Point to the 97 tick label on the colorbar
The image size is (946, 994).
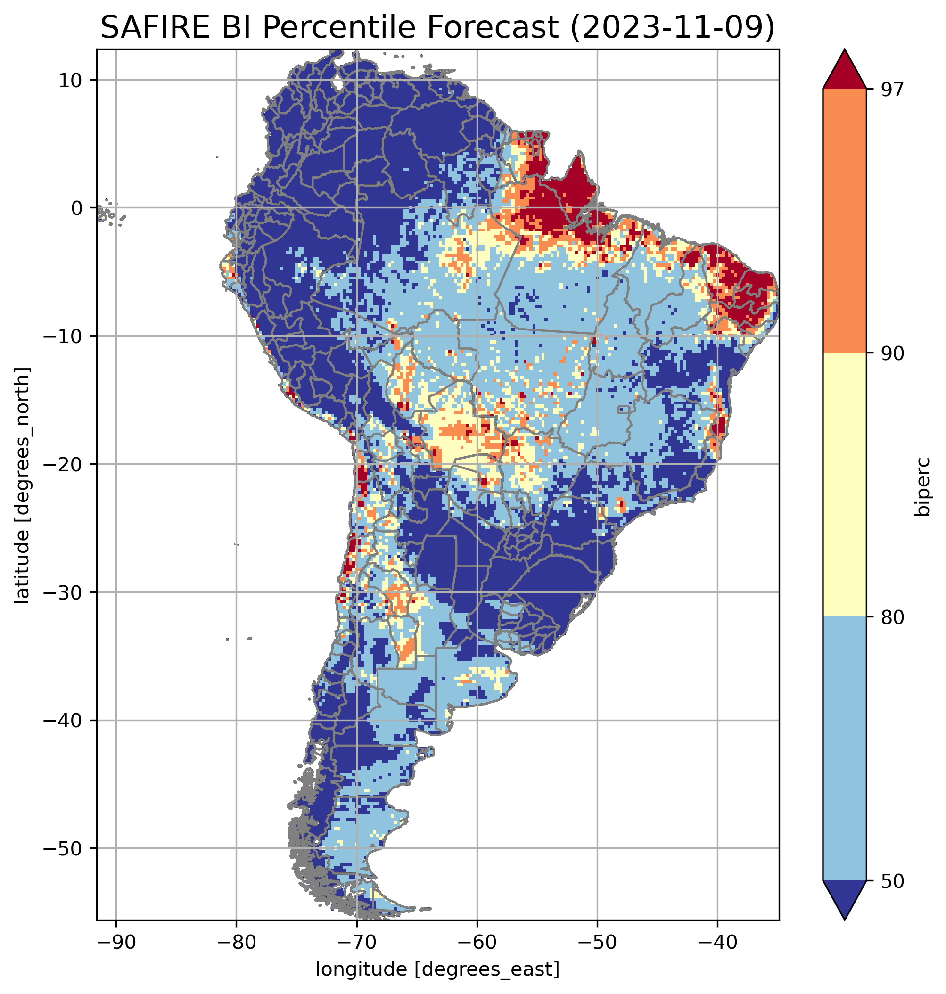[x=892, y=90]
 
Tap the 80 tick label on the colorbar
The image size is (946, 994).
[x=892, y=618]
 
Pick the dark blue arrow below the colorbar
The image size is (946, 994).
[x=845, y=900]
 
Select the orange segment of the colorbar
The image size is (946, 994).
[x=845, y=221]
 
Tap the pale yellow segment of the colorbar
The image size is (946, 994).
[x=845, y=485]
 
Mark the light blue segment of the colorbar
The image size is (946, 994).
[x=845, y=749]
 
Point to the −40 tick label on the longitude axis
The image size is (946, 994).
[x=717, y=942]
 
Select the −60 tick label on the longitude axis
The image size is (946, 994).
[x=477, y=942]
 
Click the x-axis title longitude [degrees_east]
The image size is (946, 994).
[x=438, y=968]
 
